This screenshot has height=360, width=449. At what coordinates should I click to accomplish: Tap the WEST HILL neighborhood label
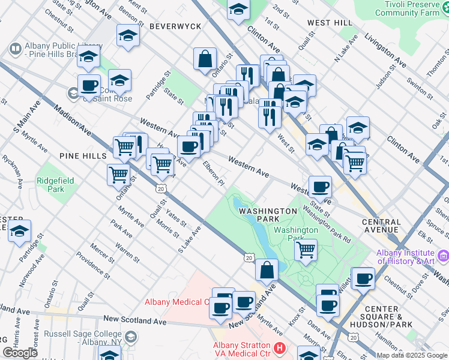[330, 22]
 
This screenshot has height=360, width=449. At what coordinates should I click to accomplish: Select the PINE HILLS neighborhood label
[83, 156]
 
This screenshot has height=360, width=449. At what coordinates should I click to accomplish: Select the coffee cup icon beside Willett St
[363, 278]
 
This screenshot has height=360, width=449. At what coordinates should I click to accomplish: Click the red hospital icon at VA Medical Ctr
[279, 347]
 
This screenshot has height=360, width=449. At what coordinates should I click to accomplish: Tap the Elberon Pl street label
[213, 173]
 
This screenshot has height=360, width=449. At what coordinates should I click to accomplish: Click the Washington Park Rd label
[328, 223]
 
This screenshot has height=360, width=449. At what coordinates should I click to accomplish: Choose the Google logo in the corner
[20, 353]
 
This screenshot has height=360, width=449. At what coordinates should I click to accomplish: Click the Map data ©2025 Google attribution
[411, 355]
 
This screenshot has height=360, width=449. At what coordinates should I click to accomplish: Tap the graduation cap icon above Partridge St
[20, 230]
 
